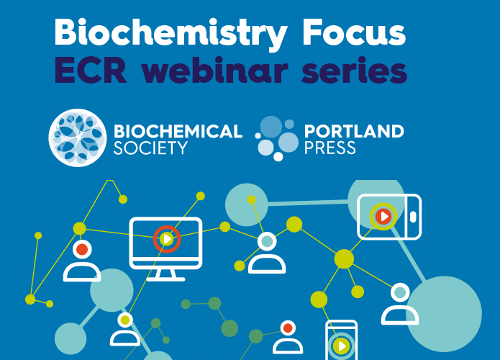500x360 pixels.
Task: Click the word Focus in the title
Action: [x=354, y=32]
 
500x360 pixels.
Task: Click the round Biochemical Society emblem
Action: [x=78, y=138]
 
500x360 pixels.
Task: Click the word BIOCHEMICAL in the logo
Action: [x=178, y=131]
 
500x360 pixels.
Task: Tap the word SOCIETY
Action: [x=150, y=148]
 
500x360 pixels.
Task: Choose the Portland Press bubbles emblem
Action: [x=276, y=138]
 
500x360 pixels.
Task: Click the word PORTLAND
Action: [x=354, y=131]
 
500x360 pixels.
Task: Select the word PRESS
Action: [x=329, y=148]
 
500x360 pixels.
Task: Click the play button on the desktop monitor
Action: [x=167, y=239]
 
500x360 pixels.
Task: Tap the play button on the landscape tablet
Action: [x=383, y=217]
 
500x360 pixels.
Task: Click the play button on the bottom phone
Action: [x=342, y=346]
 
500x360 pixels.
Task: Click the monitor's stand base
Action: [x=165, y=279]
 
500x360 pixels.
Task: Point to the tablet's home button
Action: [x=413, y=217]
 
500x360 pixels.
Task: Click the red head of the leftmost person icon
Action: [x=82, y=249]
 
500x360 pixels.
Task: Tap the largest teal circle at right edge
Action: [x=444, y=314]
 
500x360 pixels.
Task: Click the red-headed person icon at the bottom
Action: [x=288, y=337]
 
